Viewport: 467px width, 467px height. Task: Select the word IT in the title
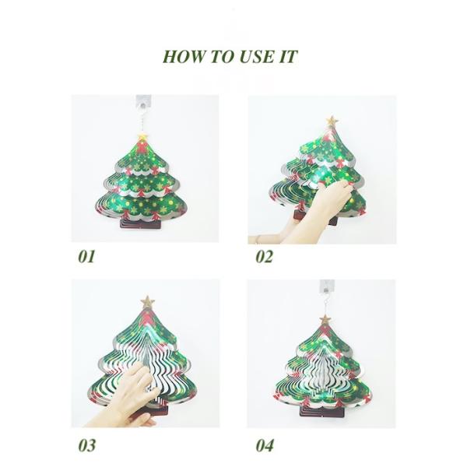[x=288, y=56]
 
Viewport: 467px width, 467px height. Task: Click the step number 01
[x=86, y=256]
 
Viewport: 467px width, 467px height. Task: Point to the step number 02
[x=264, y=256]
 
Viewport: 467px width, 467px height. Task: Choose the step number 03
[x=87, y=445]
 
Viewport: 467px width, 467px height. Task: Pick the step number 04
[x=265, y=445]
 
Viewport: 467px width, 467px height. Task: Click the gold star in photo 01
[x=143, y=137]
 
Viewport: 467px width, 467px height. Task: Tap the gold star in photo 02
[x=332, y=121]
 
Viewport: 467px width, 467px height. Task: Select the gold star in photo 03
[x=147, y=302]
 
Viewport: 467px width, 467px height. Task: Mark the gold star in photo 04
[x=325, y=319]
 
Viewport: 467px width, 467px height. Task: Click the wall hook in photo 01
[x=143, y=102]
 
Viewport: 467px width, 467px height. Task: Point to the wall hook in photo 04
[x=327, y=286]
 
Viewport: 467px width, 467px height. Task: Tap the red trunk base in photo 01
[x=140, y=223]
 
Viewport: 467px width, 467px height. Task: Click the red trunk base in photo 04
[x=322, y=411]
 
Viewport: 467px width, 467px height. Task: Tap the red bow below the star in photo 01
[x=142, y=147]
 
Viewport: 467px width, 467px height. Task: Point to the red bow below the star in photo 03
[x=146, y=317]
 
